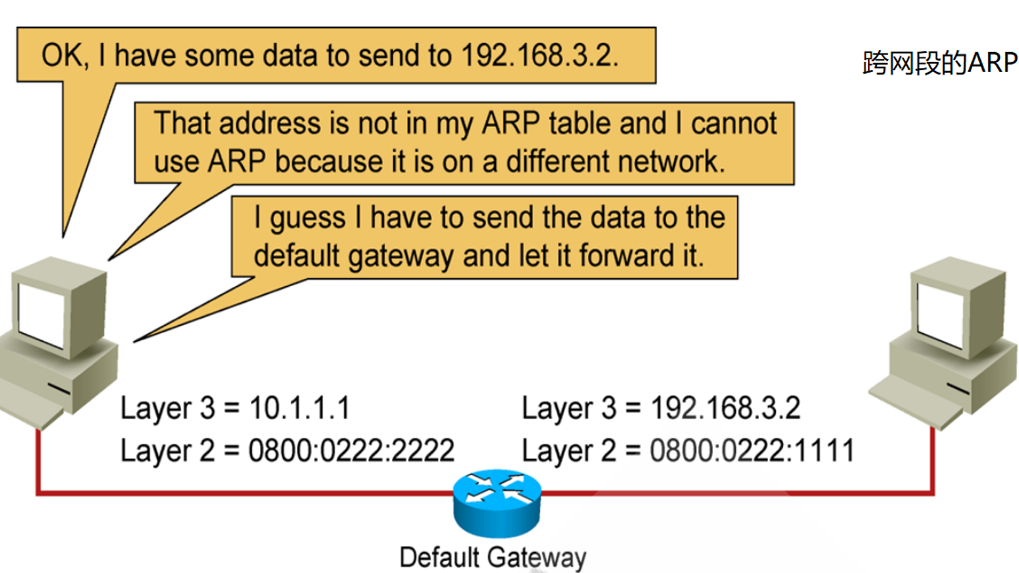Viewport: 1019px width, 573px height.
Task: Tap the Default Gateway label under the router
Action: [x=493, y=557]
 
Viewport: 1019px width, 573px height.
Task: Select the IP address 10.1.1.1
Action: [x=300, y=408]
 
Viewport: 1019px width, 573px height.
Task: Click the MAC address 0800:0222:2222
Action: [x=351, y=451]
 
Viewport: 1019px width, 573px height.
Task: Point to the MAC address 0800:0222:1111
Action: [x=752, y=451]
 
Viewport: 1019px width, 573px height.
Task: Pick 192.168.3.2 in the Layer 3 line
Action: [x=725, y=408]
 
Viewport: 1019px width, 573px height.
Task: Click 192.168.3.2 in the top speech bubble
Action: [x=539, y=55]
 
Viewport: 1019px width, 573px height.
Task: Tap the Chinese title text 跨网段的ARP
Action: [x=940, y=63]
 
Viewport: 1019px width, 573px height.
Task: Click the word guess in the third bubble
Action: [x=308, y=218]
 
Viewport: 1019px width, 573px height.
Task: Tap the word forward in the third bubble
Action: [x=625, y=256]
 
